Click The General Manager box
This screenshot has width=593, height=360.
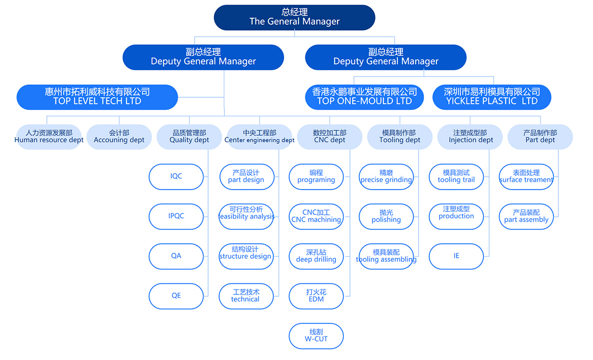[295, 17]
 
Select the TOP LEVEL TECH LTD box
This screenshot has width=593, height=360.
[97, 97]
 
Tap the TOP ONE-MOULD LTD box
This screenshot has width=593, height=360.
[364, 97]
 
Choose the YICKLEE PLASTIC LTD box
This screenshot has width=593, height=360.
[492, 97]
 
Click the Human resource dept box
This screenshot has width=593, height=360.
[49, 137]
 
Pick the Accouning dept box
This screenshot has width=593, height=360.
[119, 137]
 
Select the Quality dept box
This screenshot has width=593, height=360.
[189, 137]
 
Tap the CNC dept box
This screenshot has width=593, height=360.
[330, 137]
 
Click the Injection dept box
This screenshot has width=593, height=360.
[470, 137]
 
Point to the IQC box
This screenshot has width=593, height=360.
[176, 176]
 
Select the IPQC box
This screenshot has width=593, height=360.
[176, 216]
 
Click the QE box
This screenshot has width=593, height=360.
[176, 296]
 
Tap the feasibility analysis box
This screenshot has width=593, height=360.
[246, 216]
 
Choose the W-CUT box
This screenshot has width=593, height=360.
[316, 336]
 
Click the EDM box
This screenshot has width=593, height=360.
[316, 296]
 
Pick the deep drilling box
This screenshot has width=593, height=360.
[316, 256]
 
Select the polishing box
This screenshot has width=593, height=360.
[386, 216]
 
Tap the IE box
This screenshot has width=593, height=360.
[456, 256]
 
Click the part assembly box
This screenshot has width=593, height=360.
[526, 216]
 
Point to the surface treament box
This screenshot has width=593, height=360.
[526, 176]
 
